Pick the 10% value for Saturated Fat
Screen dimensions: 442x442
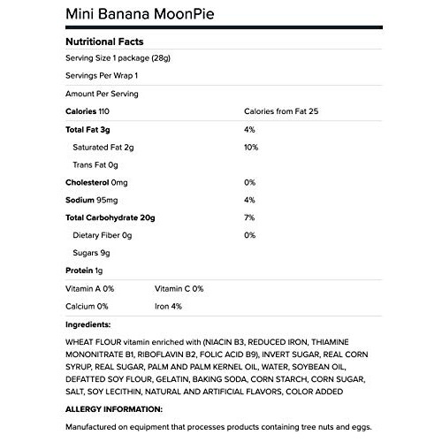pos(250,148)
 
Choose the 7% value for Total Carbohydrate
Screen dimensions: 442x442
pos(248,217)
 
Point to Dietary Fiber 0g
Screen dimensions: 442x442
pos(103,235)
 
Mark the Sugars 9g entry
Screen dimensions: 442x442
pos(92,253)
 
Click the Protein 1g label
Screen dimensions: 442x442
pos(85,271)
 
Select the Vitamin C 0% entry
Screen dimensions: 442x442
pos(179,288)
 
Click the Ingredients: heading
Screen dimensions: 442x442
pos(88,324)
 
